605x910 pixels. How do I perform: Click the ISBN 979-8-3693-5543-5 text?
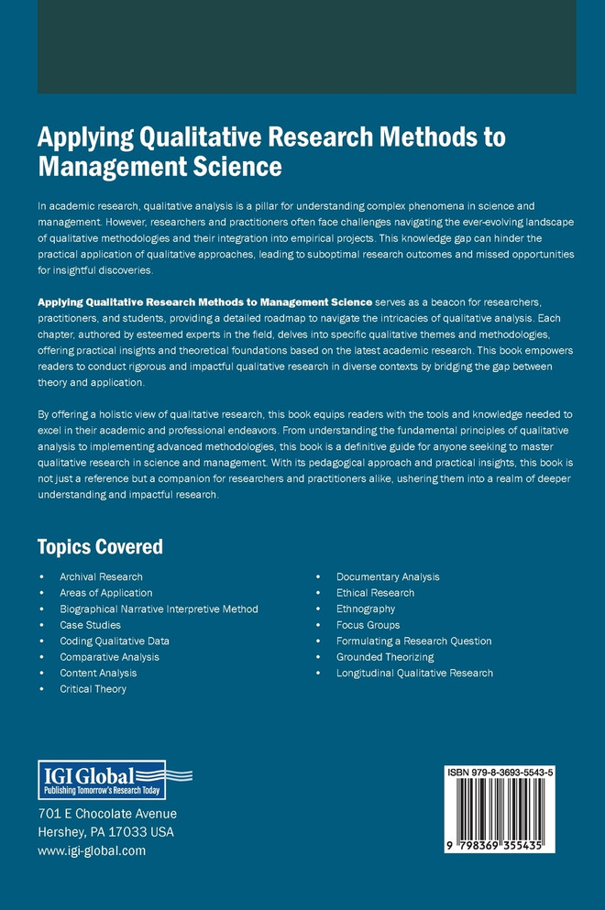click(500, 773)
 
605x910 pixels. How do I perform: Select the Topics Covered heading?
click(100, 547)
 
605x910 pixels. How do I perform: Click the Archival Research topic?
click(101, 576)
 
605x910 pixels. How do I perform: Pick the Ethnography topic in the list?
click(366, 608)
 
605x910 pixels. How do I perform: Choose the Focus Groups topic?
click(368, 625)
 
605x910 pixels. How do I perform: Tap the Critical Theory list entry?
click(93, 689)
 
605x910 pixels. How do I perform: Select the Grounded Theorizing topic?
click(385, 657)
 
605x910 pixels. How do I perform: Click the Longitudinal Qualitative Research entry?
click(414, 673)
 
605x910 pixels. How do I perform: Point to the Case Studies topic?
click(90, 625)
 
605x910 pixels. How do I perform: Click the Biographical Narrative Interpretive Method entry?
click(159, 608)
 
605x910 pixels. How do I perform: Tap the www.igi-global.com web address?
click(92, 850)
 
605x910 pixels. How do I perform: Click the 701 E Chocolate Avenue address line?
click(107, 814)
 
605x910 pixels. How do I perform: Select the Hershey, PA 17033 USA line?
click(105, 832)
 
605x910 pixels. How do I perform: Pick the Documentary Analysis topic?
click(388, 576)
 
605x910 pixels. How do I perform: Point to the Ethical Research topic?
click(375, 593)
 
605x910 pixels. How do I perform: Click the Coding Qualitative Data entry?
click(115, 641)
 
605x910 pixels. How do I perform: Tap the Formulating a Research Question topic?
click(413, 641)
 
